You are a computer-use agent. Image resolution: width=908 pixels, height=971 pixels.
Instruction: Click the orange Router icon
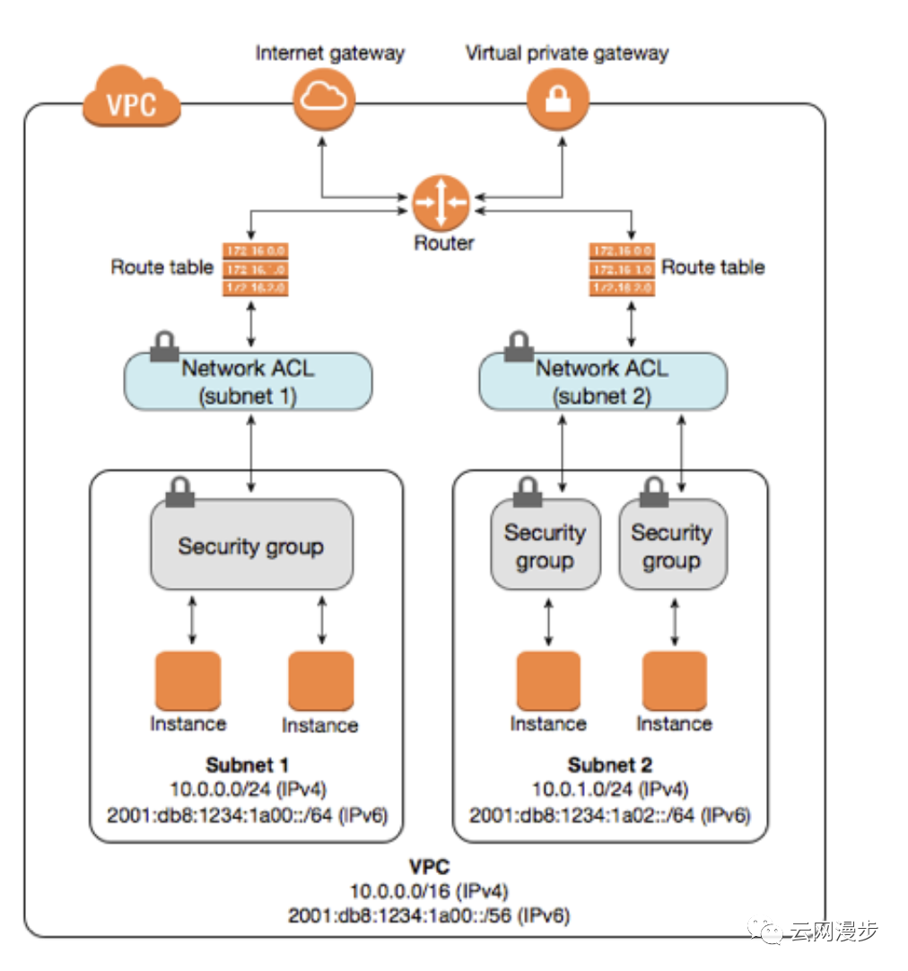point(441,203)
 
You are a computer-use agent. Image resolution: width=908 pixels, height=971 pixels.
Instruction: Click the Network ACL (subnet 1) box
point(248,381)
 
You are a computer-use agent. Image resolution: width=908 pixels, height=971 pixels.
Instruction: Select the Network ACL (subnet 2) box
point(603,381)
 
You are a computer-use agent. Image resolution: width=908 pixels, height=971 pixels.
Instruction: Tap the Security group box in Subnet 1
point(251,546)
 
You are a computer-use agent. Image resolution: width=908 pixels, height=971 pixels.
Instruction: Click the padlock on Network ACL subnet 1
point(164,347)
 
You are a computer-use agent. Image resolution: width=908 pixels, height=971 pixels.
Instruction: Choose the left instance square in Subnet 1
point(188,681)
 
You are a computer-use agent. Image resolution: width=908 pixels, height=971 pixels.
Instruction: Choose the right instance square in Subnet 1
point(320,681)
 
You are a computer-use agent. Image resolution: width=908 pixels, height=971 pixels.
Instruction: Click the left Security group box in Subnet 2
point(546,546)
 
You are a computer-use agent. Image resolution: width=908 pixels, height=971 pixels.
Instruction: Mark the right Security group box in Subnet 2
point(672,546)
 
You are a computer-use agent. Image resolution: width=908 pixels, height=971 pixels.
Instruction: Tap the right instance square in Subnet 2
point(674,681)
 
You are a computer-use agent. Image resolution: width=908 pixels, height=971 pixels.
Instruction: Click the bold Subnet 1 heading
point(247,765)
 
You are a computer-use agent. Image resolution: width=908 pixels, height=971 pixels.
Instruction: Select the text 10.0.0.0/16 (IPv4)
point(429,892)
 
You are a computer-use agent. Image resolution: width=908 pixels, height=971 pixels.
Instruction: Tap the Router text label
point(443,242)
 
